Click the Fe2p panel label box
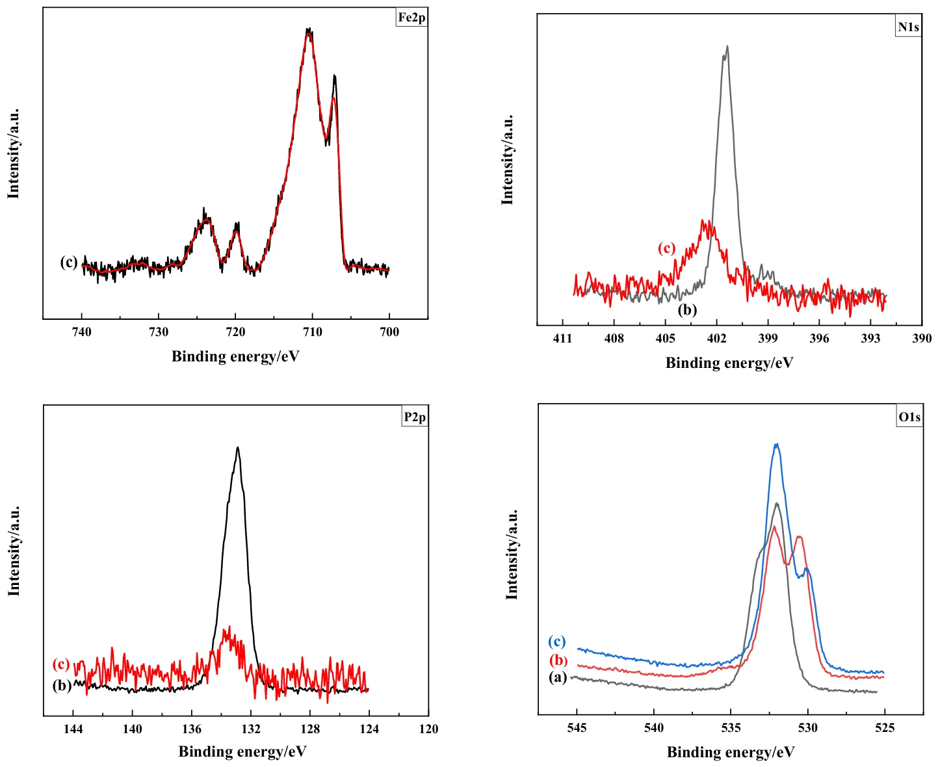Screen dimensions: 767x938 click(x=411, y=18)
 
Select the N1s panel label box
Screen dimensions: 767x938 click(x=908, y=27)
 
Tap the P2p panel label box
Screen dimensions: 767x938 click(x=415, y=417)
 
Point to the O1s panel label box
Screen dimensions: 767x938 click(x=909, y=417)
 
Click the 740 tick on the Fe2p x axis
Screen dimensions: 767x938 click(x=82, y=332)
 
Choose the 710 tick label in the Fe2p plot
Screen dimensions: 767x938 click(x=313, y=332)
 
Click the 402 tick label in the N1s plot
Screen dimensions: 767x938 click(x=716, y=339)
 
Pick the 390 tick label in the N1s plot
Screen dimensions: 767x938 click(x=922, y=339)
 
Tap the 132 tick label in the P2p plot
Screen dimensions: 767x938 click(x=251, y=729)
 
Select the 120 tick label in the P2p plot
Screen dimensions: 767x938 click(x=428, y=729)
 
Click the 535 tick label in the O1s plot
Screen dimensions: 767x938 click(x=731, y=728)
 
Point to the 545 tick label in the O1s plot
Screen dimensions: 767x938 click(x=577, y=728)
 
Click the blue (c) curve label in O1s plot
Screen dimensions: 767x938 click(x=557, y=642)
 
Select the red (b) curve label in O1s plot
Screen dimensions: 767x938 click(x=558, y=660)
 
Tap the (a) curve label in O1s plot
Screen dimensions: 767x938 click(x=558, y=677)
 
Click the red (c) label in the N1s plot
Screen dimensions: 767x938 click(x=666, y=248)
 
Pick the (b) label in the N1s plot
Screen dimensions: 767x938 click(x=687, y=309)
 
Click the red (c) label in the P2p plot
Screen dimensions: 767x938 click(x=61, y=664)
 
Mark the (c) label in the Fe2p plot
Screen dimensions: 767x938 click(x=69, y=262)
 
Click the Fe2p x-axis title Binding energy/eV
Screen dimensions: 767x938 click(x=235, y=356)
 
